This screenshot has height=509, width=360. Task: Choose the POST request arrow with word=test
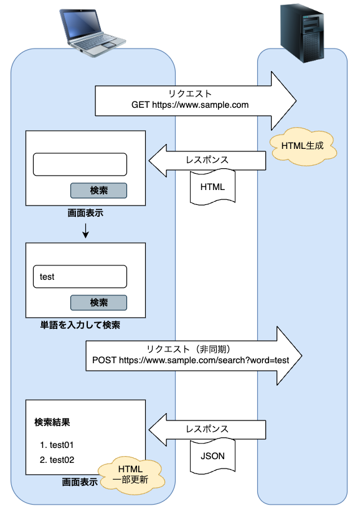click(193, 354)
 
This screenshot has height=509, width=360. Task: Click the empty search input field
click(80, 164)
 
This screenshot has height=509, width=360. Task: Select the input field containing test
click(80, 277)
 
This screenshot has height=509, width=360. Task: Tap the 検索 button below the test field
click(98, 303)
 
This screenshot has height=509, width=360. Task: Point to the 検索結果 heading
click(52, 422)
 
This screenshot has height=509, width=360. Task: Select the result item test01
click(57, 445)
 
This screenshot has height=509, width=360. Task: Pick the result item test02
click(57, 460)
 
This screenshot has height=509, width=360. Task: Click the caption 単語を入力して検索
click(80, 325)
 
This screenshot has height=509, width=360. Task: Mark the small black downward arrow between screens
click(85, 232)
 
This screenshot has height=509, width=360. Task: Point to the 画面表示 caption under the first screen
click(85, 213)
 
